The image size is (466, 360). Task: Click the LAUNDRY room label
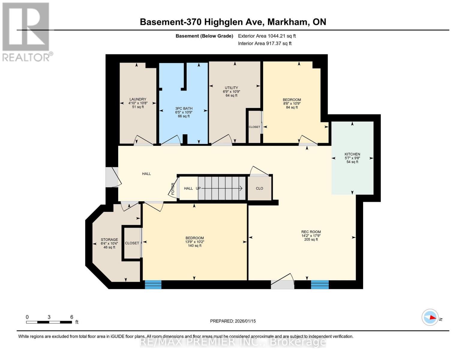coord(138,99)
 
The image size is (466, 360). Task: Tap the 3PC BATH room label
coord(184,109)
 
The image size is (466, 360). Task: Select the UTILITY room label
coord(231,88)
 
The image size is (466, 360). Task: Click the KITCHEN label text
coord(352,154)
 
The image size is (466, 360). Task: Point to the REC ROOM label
coord(311,232)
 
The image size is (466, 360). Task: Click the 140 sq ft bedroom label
coord(194,238)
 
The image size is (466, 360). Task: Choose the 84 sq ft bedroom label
coord(292,100)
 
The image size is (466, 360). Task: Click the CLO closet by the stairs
coord(260,188)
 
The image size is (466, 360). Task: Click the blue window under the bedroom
coord(153,284)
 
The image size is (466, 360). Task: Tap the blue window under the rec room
coord(320,284)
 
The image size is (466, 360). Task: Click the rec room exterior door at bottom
coord(282,284)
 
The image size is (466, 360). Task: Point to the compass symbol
coord(430,317)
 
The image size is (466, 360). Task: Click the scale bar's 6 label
coord(72,317)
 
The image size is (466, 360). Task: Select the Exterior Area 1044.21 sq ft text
coord(267,36)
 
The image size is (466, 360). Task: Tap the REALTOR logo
coord(26,31)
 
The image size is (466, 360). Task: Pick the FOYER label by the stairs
coord(173,189)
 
